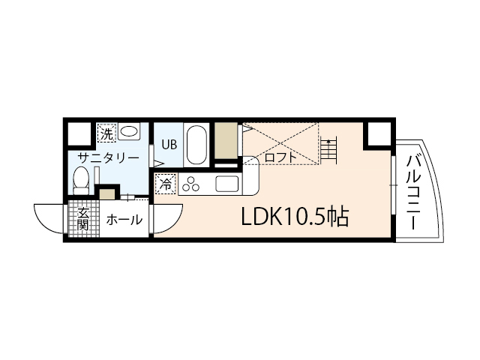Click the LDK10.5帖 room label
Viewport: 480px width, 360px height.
click(293, 217)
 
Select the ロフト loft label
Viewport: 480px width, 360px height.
click(280, 158)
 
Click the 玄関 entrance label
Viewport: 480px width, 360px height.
click(82, 217)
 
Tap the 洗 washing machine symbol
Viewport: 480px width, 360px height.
click(106, 134)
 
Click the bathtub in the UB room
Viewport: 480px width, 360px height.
click(196, 144)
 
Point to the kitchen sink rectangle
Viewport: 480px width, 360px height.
click(226, 182)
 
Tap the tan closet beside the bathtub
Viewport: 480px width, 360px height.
click(225, 139)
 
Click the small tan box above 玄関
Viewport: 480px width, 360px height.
click(107, 195)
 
